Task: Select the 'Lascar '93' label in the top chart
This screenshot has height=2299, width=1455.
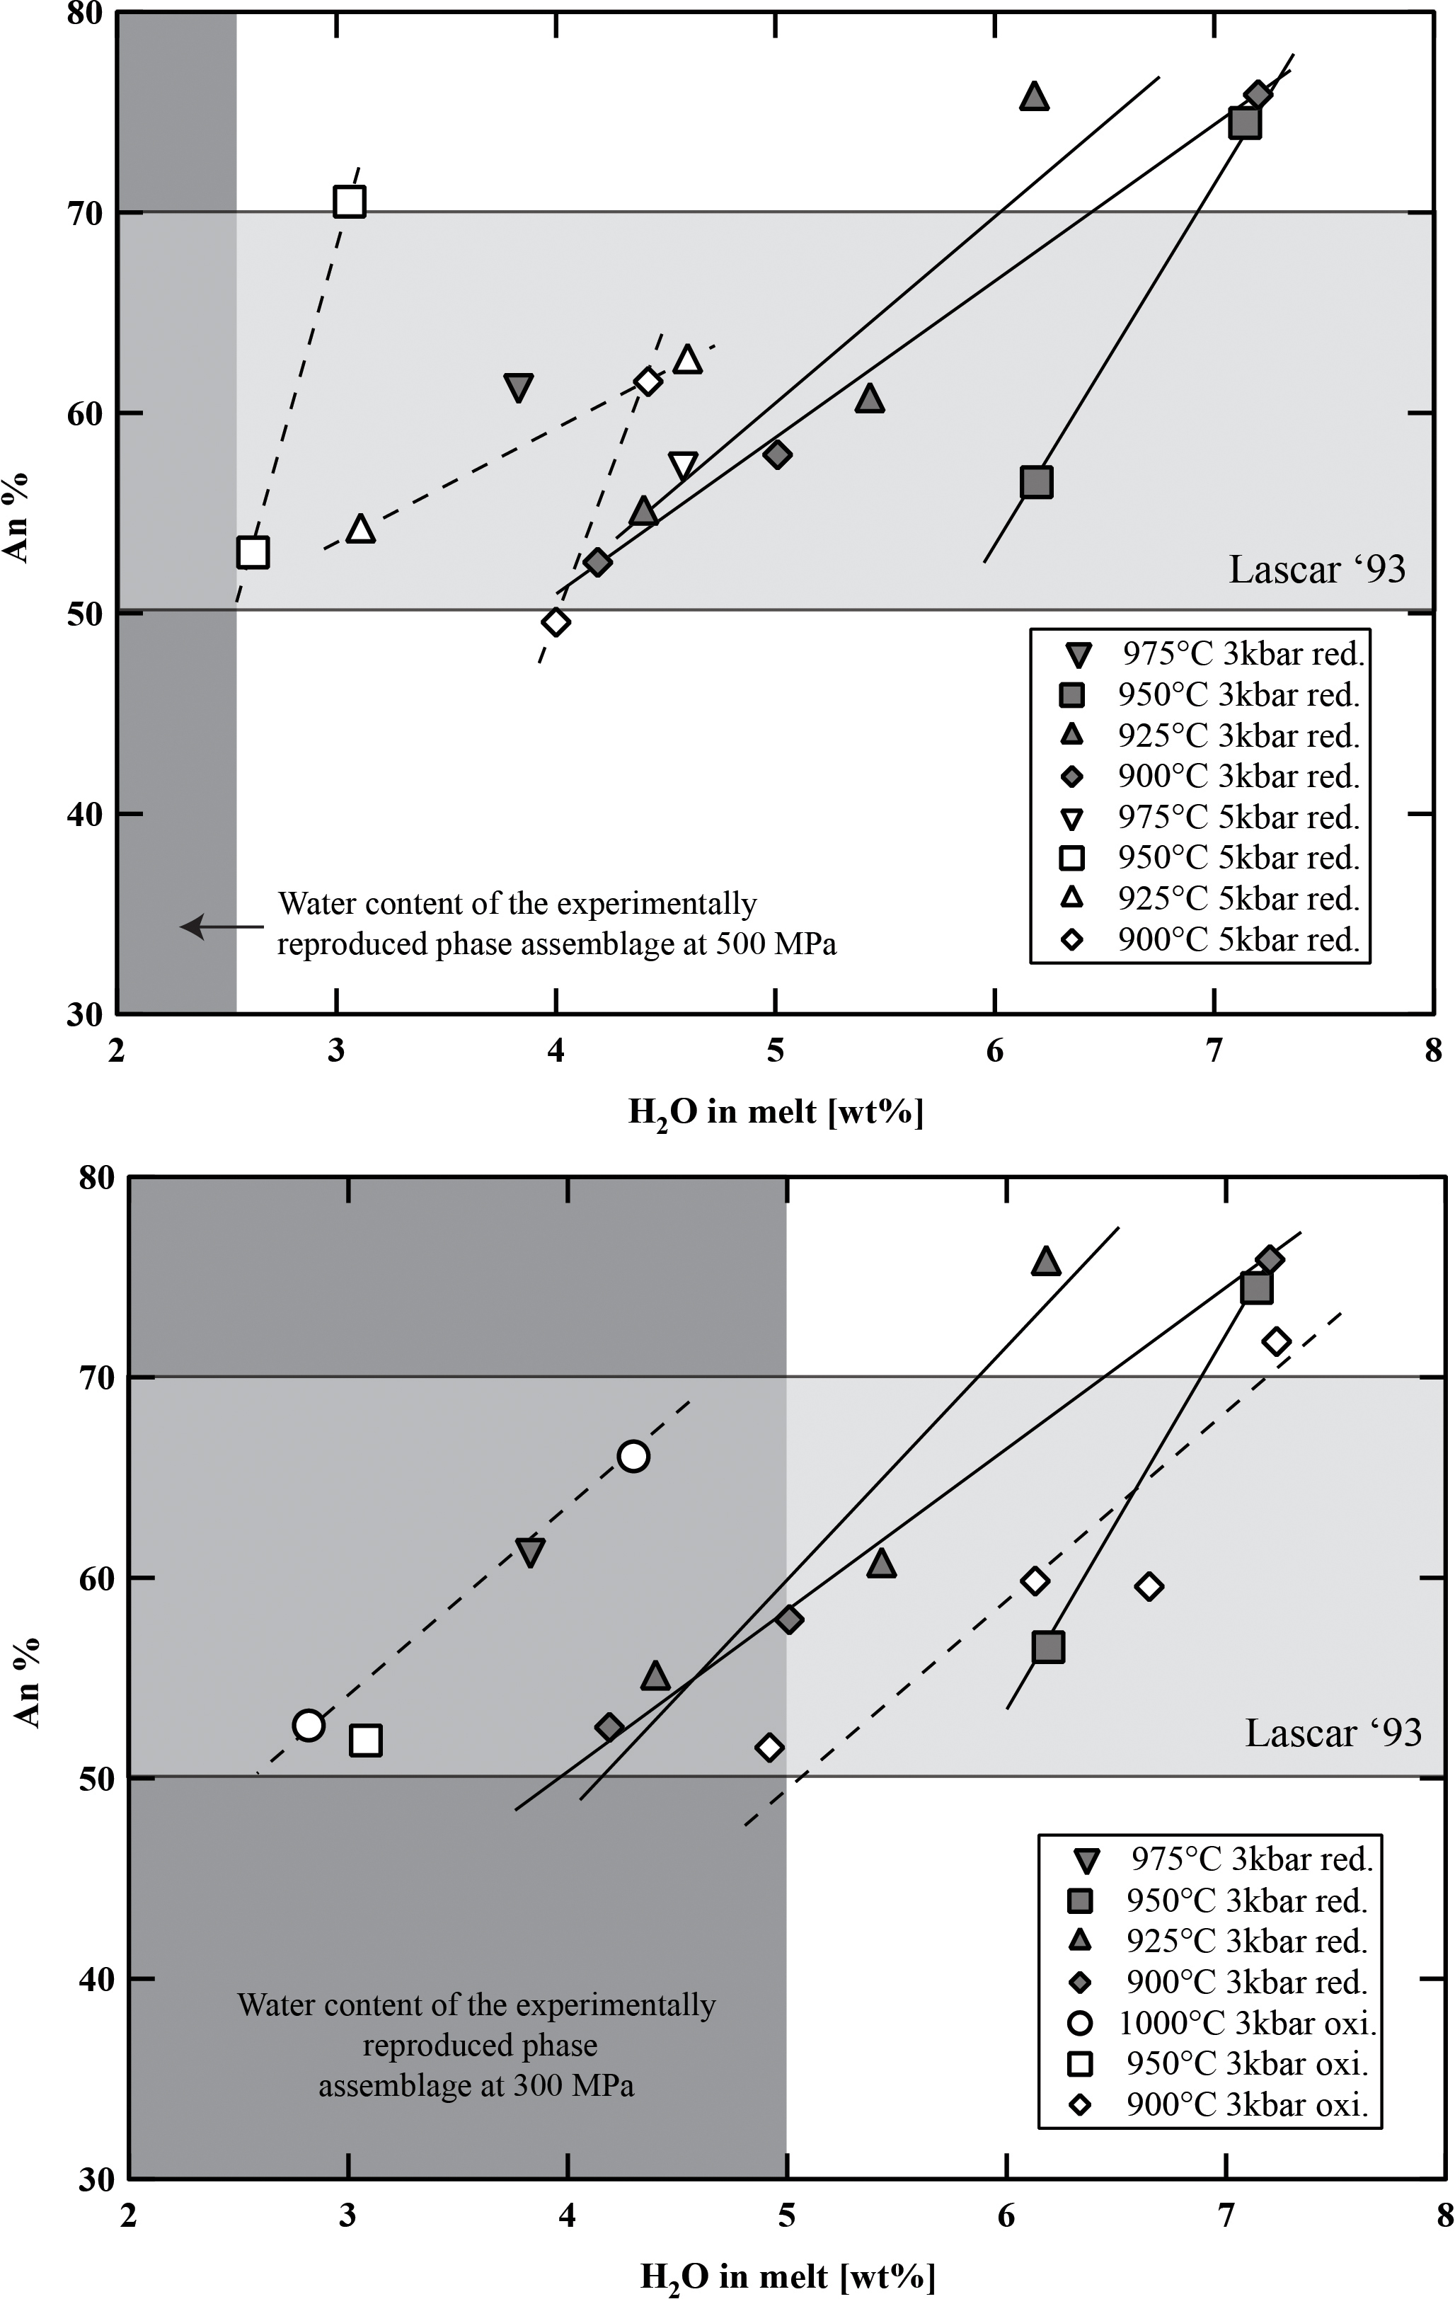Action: tap(1316, 570)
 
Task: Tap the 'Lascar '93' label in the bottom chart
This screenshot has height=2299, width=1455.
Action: tap(1333, 1733)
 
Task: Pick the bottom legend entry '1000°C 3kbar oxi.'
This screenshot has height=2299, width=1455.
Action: tap(1248, 2022)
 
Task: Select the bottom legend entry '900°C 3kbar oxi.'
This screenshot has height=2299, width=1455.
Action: tap(1248, 2104)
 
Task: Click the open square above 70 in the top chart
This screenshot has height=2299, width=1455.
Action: tap(350, 202)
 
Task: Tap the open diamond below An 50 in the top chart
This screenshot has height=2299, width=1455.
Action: tap(556, 622)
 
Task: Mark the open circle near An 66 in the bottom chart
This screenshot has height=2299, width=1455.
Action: tap(633, 1456)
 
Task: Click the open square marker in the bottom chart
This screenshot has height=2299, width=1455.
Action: tap(366, 1741)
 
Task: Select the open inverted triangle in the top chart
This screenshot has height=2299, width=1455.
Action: tap(683, 466)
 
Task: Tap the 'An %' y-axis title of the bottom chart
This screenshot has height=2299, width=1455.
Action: tap(28, 1682)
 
